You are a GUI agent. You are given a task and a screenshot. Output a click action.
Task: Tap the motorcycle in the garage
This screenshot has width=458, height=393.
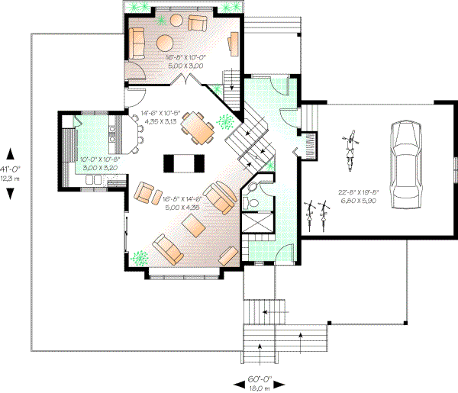350,150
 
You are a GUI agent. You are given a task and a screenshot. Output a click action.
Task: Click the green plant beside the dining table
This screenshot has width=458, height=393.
224,122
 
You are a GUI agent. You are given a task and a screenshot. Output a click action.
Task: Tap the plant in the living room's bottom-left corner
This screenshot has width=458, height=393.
139,257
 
